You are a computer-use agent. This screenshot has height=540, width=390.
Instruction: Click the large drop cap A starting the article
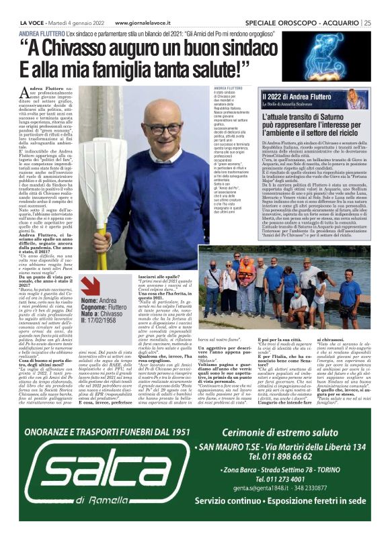[25, 95]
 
